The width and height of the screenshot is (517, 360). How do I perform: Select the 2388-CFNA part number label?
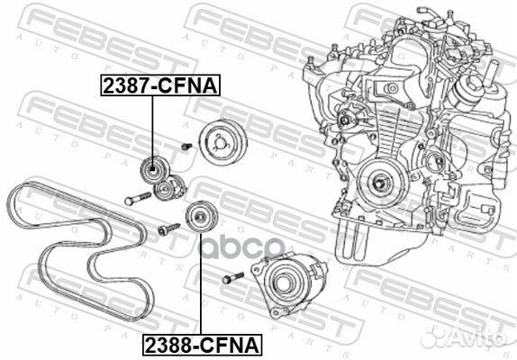point(198,343)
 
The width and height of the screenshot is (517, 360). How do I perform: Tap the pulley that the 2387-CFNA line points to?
point(152,170)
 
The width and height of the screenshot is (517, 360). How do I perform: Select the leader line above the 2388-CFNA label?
point(198,288)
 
